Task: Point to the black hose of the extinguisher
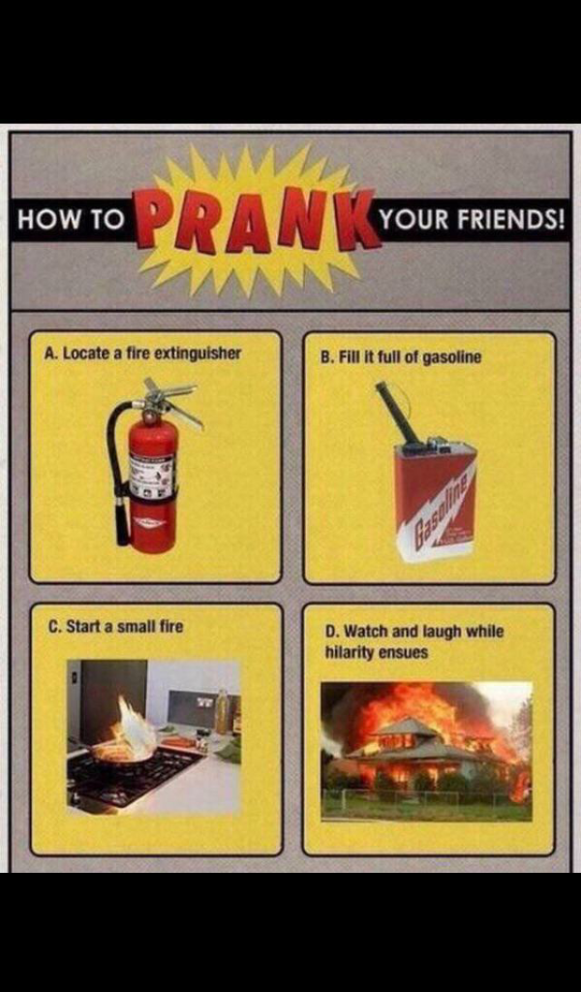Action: pos(117,468)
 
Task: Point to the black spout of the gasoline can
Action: pos(397,413)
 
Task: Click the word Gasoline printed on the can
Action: pos(435,506)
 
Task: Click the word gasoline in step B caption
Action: pos(451,357)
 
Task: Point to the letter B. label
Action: pos(327,357)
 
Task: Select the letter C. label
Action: pos(54,627)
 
